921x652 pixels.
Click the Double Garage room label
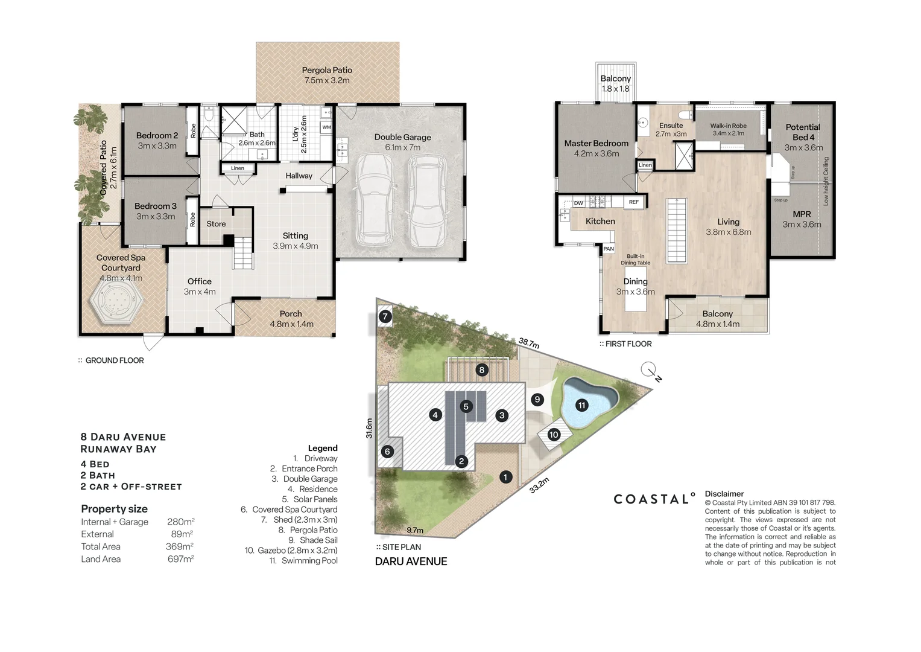(402, 137)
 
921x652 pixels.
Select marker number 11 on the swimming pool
(581, 405)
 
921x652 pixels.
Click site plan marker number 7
(385, 316)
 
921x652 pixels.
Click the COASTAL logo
(654, 499)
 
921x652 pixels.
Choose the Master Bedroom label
(596, 143)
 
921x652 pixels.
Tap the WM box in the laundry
(326, 127)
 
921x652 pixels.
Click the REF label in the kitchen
(634, 202)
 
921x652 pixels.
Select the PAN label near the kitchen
(609, 249)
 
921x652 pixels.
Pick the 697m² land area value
(180, 559)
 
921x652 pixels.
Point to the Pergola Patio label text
(327, 70)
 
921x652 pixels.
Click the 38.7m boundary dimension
(528, 343)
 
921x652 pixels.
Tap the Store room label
(216, 223)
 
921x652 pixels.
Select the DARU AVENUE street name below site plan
(411, 561)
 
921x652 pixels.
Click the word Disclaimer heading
(724, 494)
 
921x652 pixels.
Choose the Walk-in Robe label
(728, 126)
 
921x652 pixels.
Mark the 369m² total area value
(179, 546)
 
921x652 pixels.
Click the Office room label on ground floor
(199, 281)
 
